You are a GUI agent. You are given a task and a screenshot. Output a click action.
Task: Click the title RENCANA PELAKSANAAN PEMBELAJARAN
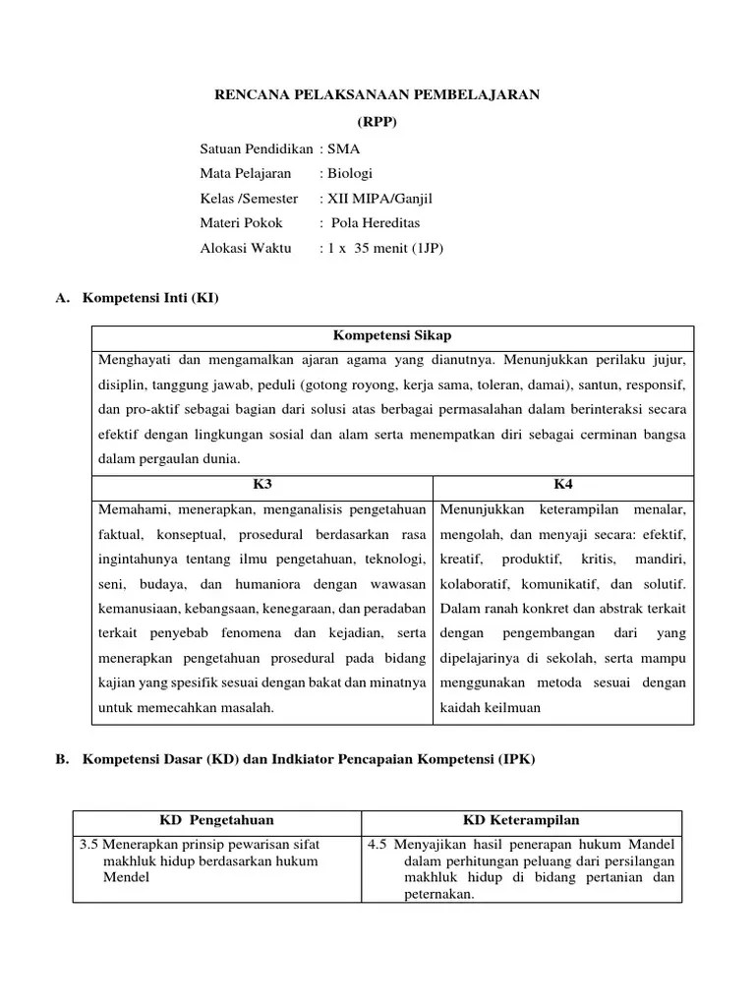pyautogui.click(x=377, y=94)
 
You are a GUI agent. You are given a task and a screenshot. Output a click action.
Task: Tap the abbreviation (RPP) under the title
pyautogui.click(x=378, y=122)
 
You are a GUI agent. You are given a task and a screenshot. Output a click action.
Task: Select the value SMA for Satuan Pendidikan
pyautogui.click(x=345, y=148)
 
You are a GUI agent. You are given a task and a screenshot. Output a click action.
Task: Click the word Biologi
pyautogui.click(x=352, y=173)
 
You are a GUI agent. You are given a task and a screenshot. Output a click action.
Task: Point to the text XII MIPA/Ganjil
pyautogui.click(x=379, y=199)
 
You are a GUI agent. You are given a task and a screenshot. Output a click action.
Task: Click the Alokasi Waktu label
pyautogui.click(x=246, y=249)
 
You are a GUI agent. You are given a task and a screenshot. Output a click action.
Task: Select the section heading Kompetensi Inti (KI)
pyautogui.click(x=150, y=297)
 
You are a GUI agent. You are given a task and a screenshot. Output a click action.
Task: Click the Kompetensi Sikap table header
pyautogui.click(x=392, y=335)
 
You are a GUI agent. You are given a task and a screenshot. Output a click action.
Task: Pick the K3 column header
pyautogui.click(x=262, y=484)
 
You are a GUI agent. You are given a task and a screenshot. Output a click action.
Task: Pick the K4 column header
pyautogui.click(x=563, y=484)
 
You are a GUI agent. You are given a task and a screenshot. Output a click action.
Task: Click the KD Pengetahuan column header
pyautogui.click(x=217, y=820)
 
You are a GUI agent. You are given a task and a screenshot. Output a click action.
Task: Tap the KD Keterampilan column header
pyautogui.click(x=521, y=820)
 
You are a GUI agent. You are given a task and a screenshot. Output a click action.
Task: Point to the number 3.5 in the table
pyautogui.click(x=88, y=844)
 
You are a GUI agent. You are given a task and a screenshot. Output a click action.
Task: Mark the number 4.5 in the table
pyautogui.click(x=377, y=844)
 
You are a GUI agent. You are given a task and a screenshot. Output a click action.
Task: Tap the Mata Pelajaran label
pyautogui.click(x=246, y=173)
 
